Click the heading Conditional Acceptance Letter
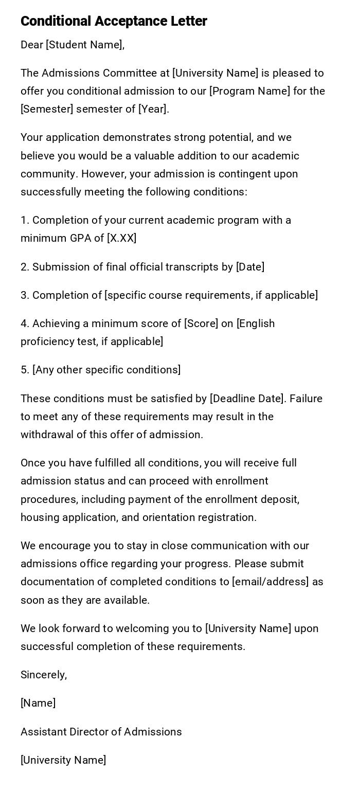click(x=114, y=21)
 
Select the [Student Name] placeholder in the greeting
click(x=85, y=45)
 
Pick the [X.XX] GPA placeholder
click(x=121, y=238)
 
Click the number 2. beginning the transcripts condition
click(x=25, y=267)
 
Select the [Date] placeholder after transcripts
click(x=250, y=267)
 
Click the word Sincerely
click(x=43, y=675)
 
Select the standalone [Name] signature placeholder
click(x=38, y=703)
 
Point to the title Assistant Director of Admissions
click(x=101, y=732)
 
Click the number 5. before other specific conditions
click(x=25, y=370)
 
